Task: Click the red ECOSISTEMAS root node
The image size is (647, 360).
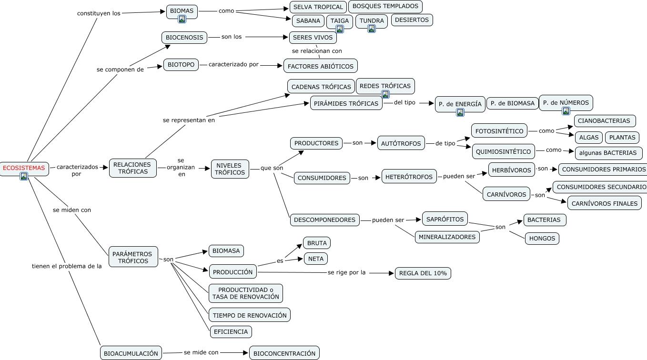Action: pos(24,168)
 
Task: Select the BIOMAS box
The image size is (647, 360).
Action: pos(182,11)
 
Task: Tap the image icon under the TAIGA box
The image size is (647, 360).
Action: pos(340,29)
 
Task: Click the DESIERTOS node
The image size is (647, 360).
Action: pos(412,20)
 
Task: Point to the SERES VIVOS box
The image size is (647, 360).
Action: pos(313,38)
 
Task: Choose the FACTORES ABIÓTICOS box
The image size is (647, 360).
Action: pos(320,66)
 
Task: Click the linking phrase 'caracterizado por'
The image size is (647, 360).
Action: pos(233,64)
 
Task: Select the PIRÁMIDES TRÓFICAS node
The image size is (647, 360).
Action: pos(346,103)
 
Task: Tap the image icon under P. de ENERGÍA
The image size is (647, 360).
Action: pos(460,113)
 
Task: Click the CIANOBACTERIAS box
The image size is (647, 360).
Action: pos(604,121)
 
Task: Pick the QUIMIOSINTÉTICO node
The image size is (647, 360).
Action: pos(503,152)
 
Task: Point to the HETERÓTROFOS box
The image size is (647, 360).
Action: pos(409,177)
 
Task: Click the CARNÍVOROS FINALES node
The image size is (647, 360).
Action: pos(604,203)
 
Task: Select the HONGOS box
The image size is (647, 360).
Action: pos(542,239)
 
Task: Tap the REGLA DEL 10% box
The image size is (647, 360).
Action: pos(423,273)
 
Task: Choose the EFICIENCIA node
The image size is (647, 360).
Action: pos(231,331)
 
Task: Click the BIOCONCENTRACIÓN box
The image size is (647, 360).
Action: pos(284,353)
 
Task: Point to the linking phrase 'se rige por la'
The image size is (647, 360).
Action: pos(346,272)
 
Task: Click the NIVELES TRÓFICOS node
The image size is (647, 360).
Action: pos(230,169)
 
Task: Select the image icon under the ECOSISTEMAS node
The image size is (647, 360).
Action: pos(24,177)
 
